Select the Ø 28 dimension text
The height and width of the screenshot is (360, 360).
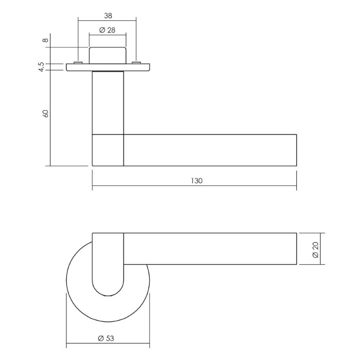tap(107, 30)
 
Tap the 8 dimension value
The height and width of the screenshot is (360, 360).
tap(45, 40)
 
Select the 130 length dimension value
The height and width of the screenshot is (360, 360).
tap(197, 181)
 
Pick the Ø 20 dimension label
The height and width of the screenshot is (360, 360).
tap(315, 249)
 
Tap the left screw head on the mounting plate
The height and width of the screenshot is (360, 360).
tap(77, 63)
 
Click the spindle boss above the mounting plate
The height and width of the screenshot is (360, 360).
tap(108, 55)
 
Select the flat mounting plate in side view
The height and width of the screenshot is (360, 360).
tap(108, 68)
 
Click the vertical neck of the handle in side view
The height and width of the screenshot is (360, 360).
tap(108, 103)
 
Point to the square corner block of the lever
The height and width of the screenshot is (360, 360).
tap(108, 150)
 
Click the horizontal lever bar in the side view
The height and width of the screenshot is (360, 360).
tap(210, 150)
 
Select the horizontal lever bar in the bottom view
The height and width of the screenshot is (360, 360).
tap(210, 249)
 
